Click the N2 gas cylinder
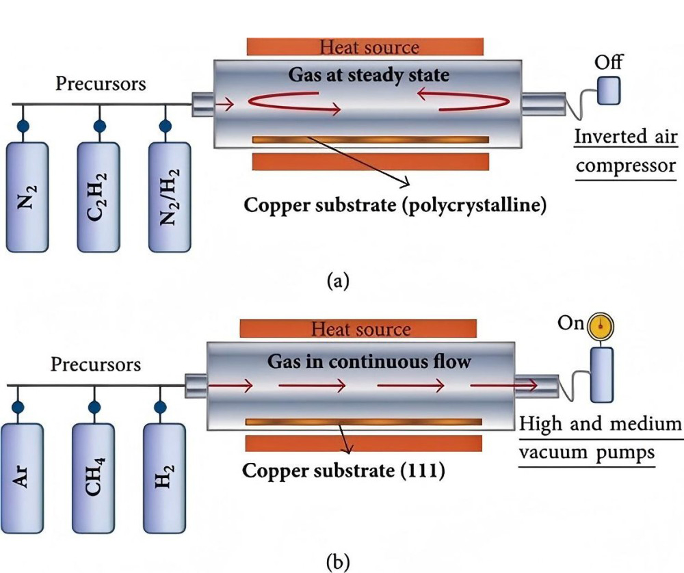(27, 196)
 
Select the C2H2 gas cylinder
(99, 196)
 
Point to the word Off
(608, 62)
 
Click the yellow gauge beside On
(601, 325)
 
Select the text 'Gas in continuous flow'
(369, 360)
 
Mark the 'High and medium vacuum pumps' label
(600, 438)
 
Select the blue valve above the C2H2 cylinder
(100, 126)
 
